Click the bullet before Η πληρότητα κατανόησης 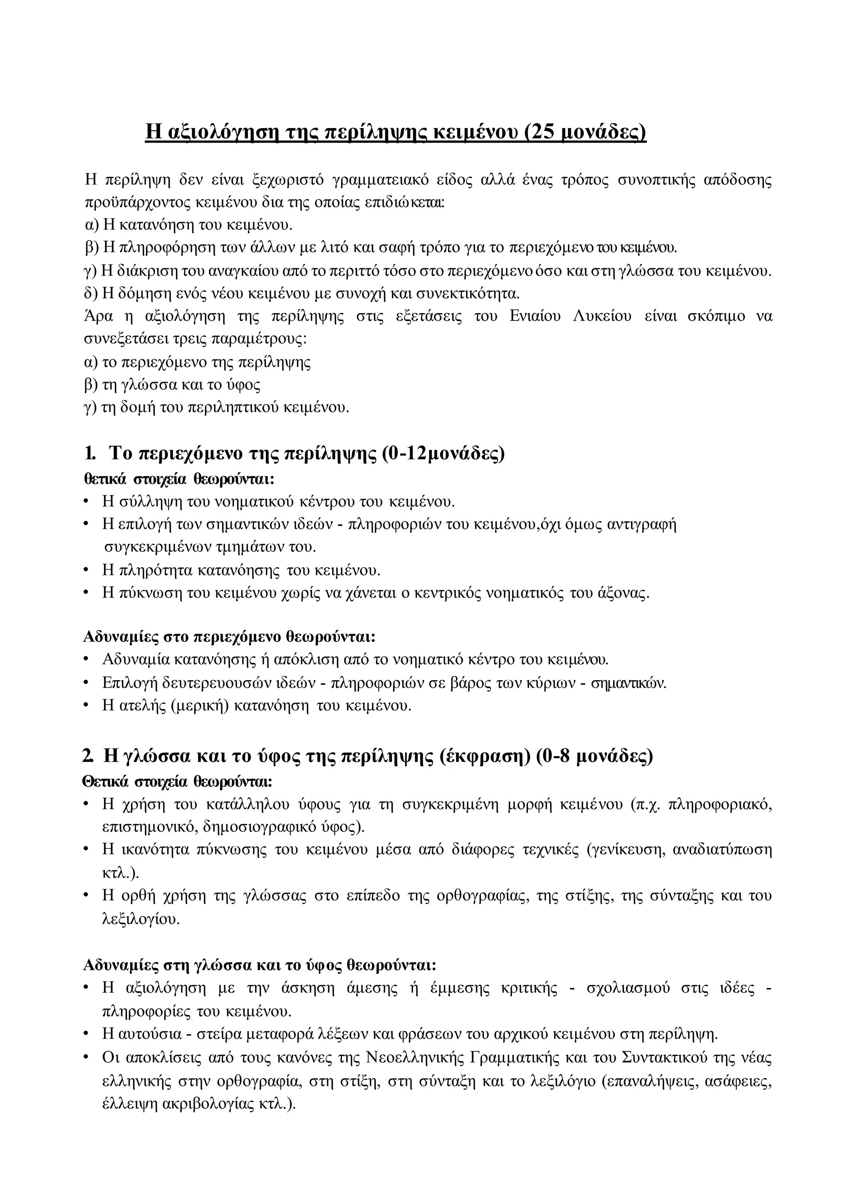(86, 570)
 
